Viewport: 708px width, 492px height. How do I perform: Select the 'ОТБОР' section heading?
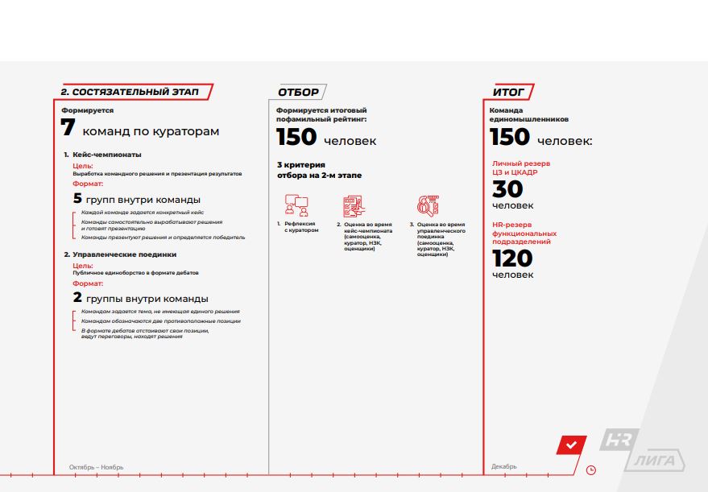298,92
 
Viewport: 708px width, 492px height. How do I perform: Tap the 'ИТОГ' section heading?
509,92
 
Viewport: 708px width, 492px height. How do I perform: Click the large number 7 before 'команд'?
68,129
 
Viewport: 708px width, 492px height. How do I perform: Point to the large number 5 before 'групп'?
78,198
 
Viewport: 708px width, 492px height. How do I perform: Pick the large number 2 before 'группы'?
78,298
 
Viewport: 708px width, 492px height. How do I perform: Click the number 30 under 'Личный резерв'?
507,189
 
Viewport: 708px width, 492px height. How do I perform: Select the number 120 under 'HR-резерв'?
512,258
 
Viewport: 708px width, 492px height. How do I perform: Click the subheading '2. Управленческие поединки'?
119,254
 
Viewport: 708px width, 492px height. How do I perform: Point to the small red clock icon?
592,469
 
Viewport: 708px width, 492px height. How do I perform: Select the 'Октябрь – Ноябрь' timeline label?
96,466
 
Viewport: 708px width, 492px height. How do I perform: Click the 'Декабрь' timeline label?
504,466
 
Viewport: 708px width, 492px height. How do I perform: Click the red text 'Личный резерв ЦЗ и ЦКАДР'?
520,167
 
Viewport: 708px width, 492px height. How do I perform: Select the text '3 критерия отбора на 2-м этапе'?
319,170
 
